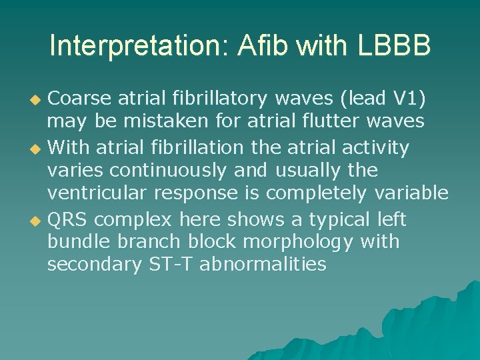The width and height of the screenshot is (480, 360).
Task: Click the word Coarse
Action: click(x=80, y=98)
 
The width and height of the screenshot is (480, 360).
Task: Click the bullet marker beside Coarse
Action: click(x=37, y=99)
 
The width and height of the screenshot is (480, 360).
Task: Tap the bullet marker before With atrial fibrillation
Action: click(x=37, y=147)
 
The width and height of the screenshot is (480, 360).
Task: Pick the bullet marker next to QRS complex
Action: click(x=37, y=220)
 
